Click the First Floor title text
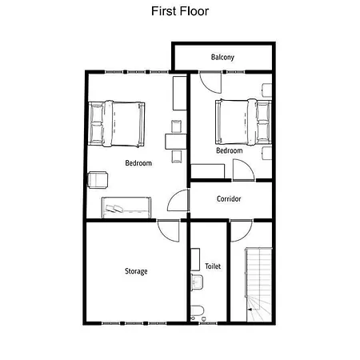click(x=180, y=11)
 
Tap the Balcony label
click(x=222, y=58)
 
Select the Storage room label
click(x=136, y=271)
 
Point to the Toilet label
click(x=213, y=266)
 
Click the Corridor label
click(x=229, y=199)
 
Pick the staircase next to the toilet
click(x=258, y=285)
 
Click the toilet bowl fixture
click(x=198, y=311)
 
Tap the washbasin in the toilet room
click(x=197, y=282)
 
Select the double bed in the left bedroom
click(x=117, y=124)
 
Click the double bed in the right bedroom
click(x=243, y=122)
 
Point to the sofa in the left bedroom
click(x=126, y=207)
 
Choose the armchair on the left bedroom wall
click(x=98, y=180)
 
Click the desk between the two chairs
click(x=175, y=142)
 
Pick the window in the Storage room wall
click(x=134, y=323)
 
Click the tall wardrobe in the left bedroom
click(x=180, y=94)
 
